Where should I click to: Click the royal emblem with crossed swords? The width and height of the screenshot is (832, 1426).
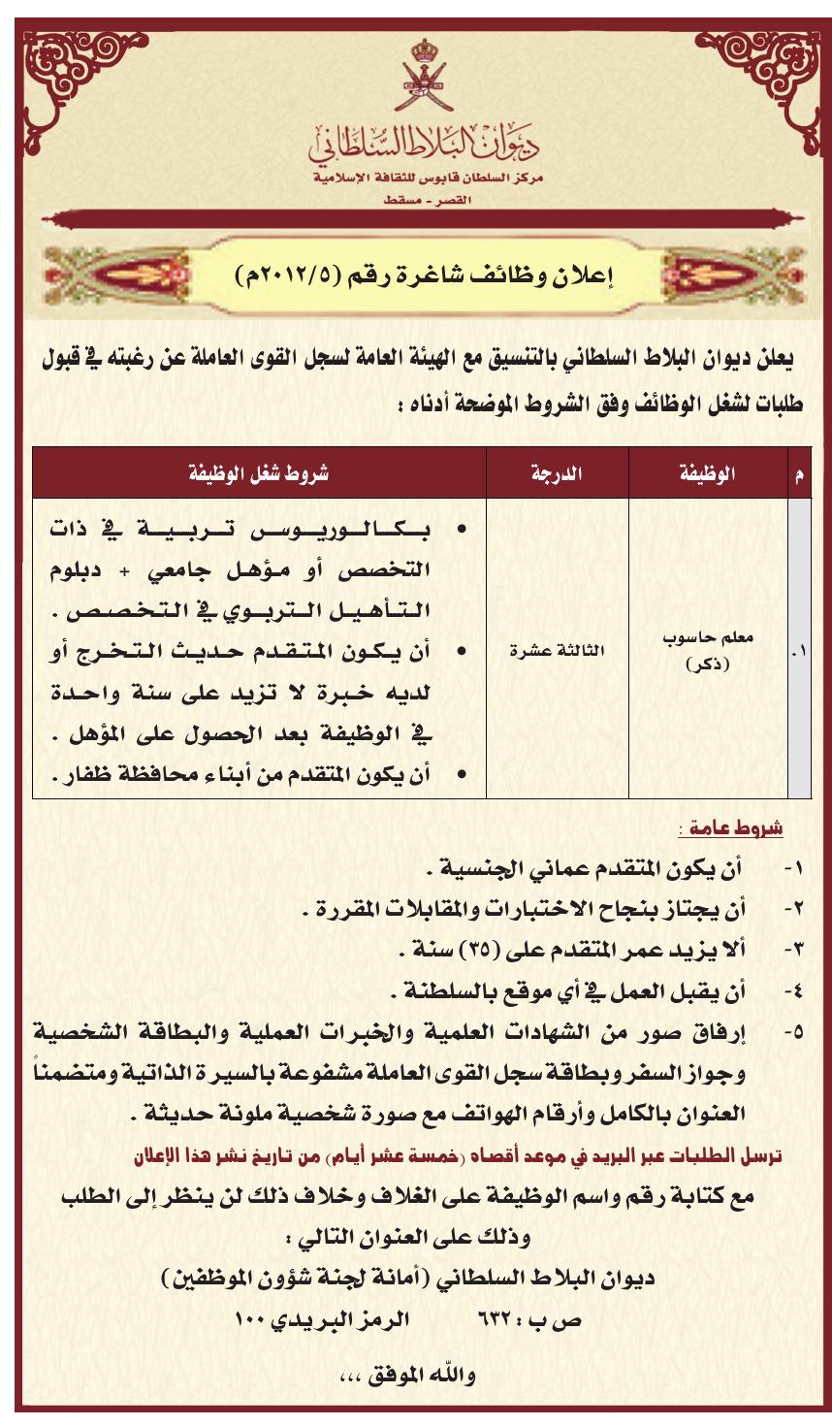[424, 77]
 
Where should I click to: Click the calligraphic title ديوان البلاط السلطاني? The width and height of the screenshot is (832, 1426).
[425, 143]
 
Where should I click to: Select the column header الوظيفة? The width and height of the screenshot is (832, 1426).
[706, 473]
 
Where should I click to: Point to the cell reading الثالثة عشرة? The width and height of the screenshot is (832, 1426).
[557, 651]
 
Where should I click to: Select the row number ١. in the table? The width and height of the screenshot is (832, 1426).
[798, 652]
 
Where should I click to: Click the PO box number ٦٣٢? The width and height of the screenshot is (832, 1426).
[497, 1319]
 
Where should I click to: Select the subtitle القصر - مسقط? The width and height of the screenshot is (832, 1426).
[425, 200]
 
